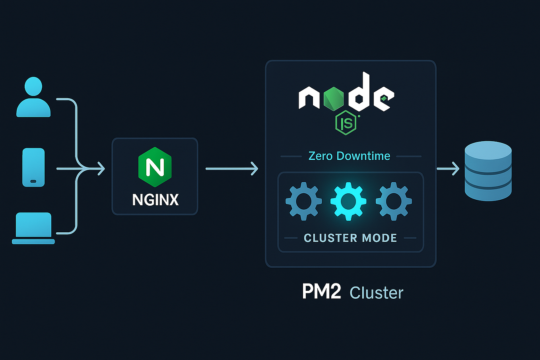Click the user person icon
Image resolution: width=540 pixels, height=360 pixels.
pyautogui.click(x=33, y=97)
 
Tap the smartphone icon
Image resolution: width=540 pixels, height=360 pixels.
pyautogui.click(x=33, y=167)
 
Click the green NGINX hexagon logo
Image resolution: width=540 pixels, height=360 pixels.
pyautogui.click(x=155, y=167)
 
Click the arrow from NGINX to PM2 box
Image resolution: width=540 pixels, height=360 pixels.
pyautogui.click(x=231, y=169)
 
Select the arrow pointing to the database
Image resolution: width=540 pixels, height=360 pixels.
pyautogui.click(x=448, y=169)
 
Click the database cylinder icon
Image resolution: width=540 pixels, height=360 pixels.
pyautogui.click(x=488, y=171)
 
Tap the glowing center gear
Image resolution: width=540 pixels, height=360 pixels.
pyautogui.click(x=348, y=201)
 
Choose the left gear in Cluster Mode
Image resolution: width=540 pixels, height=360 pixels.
pyautogui.click(x=304, y=201)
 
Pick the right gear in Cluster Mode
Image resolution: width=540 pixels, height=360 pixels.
pyautogui.click(x=394, y=201)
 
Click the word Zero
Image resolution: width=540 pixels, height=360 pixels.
pyautogui.click(x=321, y=156)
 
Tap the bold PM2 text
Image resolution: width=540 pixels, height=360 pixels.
pyautogui.click(x=321, y=292)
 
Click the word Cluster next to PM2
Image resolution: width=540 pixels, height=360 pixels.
pyautogui.click(x=376, y=293)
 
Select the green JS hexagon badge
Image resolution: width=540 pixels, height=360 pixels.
pyautogui.click(x=346, y=123)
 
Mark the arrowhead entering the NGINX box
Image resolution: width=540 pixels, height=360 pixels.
pyautogui.click(x=101, y=169)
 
